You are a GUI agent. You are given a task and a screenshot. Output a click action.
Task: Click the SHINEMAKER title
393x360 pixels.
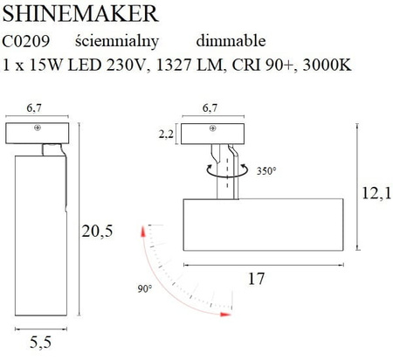80,13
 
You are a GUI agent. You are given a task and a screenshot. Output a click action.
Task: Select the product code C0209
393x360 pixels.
26,41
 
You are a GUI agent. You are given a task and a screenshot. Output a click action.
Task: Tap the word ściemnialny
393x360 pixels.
117,42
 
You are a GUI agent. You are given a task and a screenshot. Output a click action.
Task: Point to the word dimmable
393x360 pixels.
231,41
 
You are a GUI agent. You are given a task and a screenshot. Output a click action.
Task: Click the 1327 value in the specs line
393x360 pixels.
174,65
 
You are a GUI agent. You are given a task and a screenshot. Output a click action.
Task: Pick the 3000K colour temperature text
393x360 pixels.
327,65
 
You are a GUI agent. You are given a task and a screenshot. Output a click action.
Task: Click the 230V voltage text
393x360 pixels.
125,65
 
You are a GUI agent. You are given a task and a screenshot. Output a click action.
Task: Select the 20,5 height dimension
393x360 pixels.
97,232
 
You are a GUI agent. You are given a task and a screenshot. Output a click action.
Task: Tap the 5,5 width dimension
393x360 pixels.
40,343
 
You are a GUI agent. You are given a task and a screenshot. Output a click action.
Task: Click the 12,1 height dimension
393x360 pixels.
377,193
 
